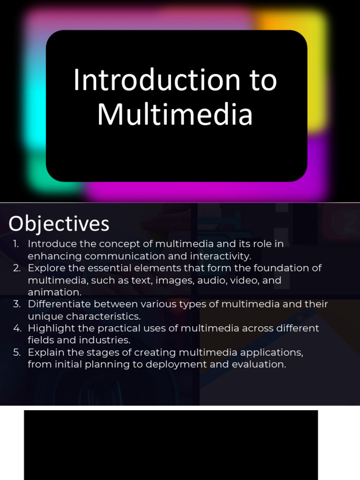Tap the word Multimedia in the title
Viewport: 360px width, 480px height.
pyautogui.click(x=175, y=115)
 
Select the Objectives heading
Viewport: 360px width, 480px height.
pyautogui.click(x=59, y=224)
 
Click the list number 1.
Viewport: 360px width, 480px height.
pyautogui.click(x=16, y=244)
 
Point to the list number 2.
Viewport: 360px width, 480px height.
pyautogui.click(x=17, y=268)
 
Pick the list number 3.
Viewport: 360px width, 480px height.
pyautogui.click(x=17, y=304)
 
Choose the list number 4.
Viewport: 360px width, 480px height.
pyautogui.click(x=17, y=328)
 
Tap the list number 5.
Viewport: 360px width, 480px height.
pyautogui.click(x=17, y=352)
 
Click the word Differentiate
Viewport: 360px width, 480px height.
pyautogui.click(x=58, y=304)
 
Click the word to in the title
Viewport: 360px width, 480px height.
pyautogui.click(x=262, y=80)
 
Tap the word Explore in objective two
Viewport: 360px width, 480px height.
pyautogui.click(x=45, y=268)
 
